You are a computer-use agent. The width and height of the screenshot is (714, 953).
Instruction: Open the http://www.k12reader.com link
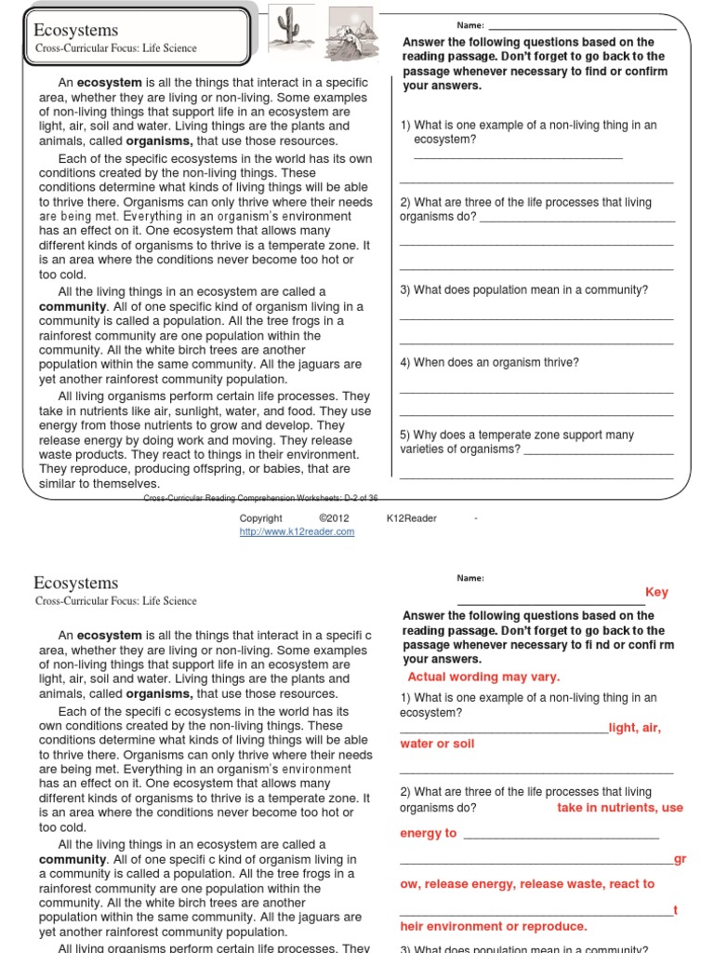[x=297, y=531]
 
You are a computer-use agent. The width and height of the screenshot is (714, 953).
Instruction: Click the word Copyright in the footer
[x=260, y=518]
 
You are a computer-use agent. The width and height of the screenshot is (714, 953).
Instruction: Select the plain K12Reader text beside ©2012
[x=412, y=518]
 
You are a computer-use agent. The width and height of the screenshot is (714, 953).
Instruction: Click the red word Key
[x=656, y=592]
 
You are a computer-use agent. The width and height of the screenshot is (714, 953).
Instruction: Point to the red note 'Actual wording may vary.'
[x=470, y=677]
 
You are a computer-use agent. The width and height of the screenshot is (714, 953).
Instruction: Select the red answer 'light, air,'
[x=635, y=728]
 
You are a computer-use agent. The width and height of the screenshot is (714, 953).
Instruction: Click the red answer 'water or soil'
[x=437, y=744]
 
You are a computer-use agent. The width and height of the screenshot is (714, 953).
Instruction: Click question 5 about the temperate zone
[x=517, y=441]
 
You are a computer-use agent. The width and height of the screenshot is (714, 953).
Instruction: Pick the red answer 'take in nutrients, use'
[x=620, y=807]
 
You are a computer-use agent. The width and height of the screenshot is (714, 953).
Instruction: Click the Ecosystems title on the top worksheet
[x=76, y=31]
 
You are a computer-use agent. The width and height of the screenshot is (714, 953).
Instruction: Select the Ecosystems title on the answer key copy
[x=76, y=583]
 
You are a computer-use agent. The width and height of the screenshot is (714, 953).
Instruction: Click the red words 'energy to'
[x=429, y=833]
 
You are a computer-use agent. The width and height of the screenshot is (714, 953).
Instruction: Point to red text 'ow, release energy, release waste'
[x=527, y=883]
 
